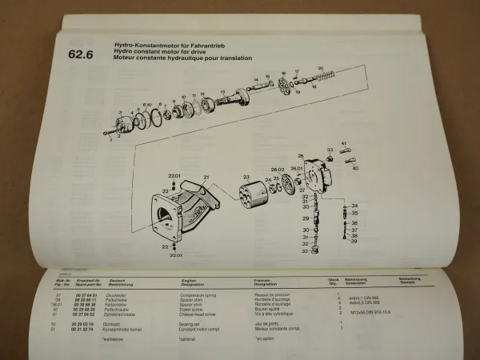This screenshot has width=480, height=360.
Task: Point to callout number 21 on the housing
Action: point(206,176)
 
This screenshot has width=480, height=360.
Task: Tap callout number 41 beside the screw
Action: point(344,144)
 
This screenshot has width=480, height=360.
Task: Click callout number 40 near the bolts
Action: point(355,169)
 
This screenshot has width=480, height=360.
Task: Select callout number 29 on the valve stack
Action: point(305,218)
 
